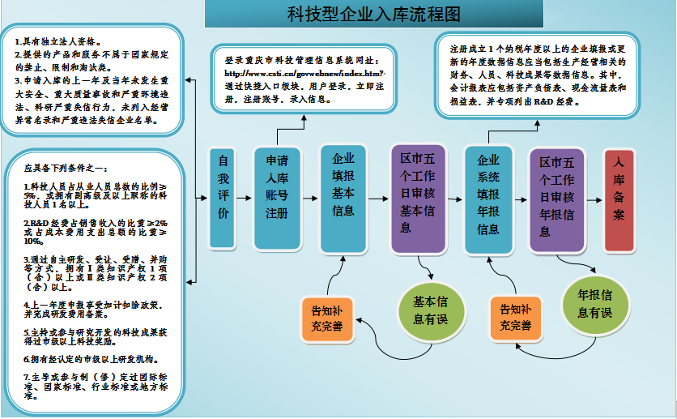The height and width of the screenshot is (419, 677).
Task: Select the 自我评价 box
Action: (x=223, y=199)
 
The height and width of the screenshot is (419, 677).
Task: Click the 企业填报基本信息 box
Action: (x=343, y=198)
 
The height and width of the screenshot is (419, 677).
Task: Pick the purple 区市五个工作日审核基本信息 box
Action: (x=417, y=199)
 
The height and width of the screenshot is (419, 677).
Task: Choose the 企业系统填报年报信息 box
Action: (x=488, y=199)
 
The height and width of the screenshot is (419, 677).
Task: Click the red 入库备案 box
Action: (x=620, y=197)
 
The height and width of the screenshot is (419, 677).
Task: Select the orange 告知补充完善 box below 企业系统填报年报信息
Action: (x=515, y=317)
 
